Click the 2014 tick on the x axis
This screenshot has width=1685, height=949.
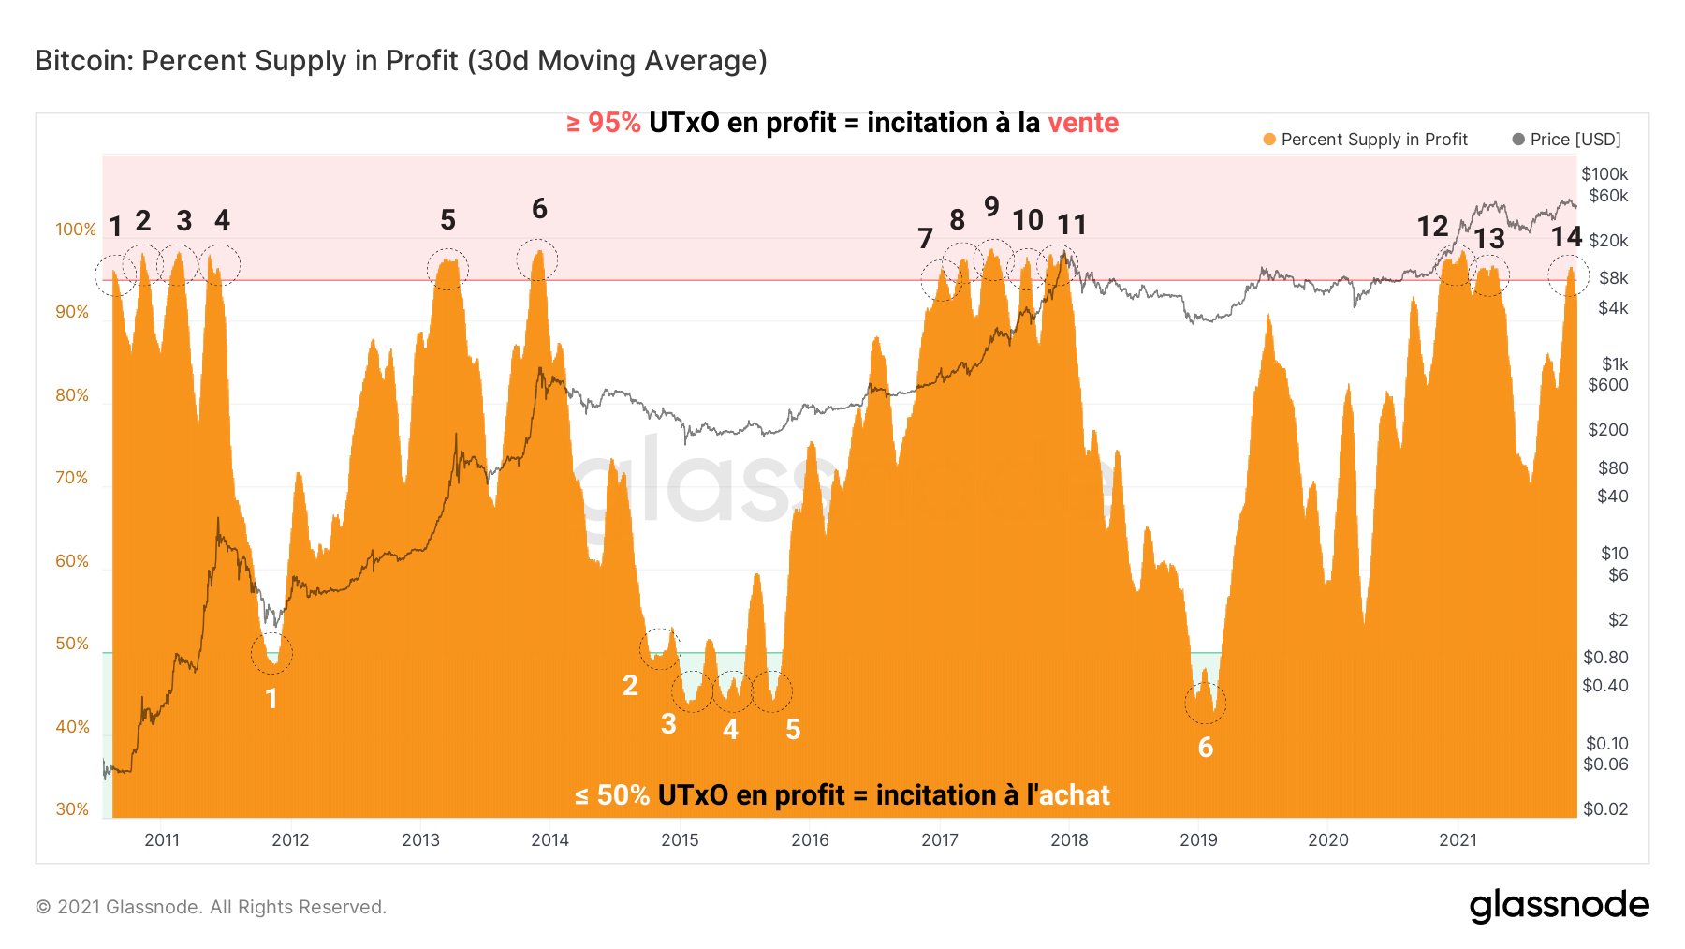click(x=549, y=839)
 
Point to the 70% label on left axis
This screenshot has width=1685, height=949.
click(x=71, y=478)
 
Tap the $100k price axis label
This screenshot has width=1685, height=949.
click(x=1604, y=173)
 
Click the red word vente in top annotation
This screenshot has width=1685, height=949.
click(x=1082, y=123)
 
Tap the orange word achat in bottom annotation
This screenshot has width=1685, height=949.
click(x=1074, y=795)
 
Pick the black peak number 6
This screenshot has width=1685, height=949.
click(x=539, y=209)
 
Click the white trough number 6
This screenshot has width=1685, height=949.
click(x=1205, y=748)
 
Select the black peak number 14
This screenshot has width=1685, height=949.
click(x=1566, y=237)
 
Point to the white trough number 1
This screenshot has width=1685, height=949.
click(x=271, y=699)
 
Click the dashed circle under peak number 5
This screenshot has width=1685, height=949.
click(x=447, y=269)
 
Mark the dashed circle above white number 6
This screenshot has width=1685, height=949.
click(x=1205, y=703)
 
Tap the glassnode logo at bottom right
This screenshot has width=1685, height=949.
click(x=1559, y=905)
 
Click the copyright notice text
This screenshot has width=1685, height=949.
click(x=211, y=907)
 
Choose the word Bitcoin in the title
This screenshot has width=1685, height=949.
click(x=83, y=61)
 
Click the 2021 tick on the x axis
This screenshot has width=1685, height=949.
click(x=1458, y=839)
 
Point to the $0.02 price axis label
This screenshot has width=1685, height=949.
click(x=1604, y=809)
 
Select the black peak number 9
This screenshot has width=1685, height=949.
click(x=991, y=206)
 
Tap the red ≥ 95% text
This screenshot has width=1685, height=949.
click(x=604, y=123)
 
